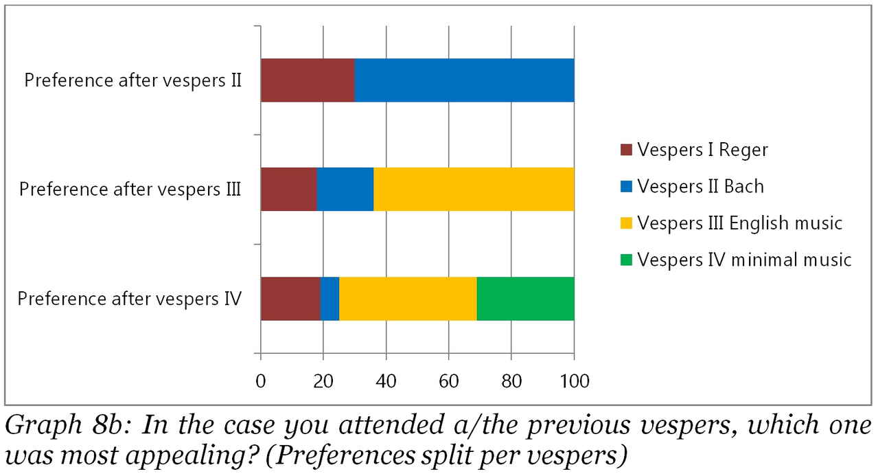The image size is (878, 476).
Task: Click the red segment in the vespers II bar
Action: coord(308,80)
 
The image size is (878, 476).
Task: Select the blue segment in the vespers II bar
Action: coord(464,80)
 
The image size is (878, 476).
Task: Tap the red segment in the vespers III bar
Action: coord(288,189)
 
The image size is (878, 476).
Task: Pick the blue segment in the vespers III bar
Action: coord(345,189)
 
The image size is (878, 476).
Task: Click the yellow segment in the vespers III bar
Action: coord(474,189)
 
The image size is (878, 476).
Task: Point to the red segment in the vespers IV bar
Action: coord(290,299)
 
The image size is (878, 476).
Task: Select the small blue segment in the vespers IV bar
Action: coord(330,299)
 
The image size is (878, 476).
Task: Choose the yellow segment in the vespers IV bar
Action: coord(408,299)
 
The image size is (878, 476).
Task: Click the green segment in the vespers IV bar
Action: coord(525,299)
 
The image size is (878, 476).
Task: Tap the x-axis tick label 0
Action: coord(261,380)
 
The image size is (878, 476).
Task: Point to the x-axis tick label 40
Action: coord(386,380)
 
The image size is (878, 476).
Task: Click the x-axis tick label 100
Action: coord(574,380)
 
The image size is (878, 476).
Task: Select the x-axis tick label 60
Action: coord(448,380)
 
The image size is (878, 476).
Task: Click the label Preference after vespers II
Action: coord(133,80)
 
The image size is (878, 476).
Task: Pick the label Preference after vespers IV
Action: coord(129,299)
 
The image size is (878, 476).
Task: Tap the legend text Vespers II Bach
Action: coord(700,187)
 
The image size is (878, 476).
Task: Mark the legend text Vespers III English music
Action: coord(739,223)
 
